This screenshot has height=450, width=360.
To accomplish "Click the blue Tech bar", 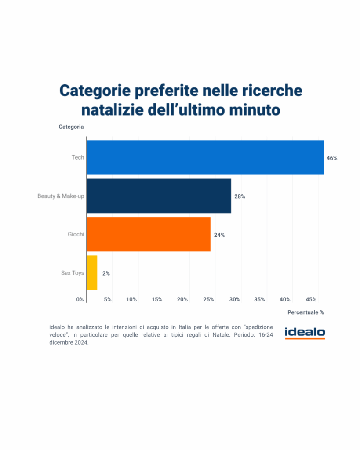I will [x=205, y=157].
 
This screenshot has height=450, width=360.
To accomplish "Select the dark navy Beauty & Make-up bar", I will [x=159, y=196].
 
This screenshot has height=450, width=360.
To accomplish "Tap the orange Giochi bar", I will [x=149, y=235].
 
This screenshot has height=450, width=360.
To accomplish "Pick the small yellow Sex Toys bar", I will [x=92, y=273].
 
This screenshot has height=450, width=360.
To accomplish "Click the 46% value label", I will [x=332, y=158].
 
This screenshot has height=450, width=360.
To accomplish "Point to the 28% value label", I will [x=240, y=196].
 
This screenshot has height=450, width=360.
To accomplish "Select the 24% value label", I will [x=219, y=235].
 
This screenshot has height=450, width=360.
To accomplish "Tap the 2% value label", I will [x=106, y=273].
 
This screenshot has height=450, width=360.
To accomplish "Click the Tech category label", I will [x=78, y=157].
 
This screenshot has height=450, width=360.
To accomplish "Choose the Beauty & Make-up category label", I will [x=61, y=196].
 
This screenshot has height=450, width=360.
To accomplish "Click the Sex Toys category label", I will [x=73, y=273].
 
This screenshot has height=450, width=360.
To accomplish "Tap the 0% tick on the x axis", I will [x=80, y=299].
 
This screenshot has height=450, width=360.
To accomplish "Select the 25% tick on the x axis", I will [x=209, y=299].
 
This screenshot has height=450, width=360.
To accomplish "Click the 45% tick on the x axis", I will [x=311, y=299].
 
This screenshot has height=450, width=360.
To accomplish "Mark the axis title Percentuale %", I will [x=305, y=312].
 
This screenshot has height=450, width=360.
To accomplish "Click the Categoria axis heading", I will [x=71, y=127].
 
